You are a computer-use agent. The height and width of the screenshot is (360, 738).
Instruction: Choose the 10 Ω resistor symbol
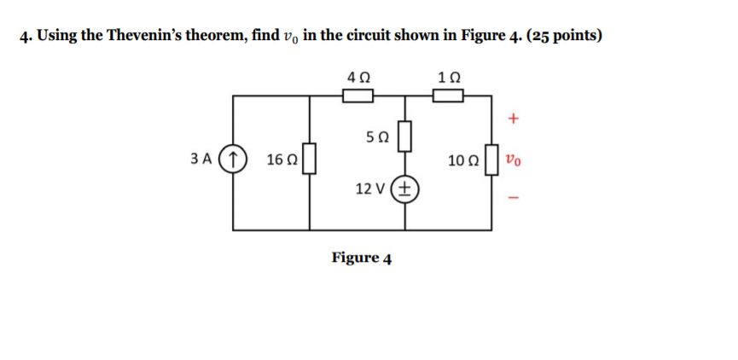(491, 159)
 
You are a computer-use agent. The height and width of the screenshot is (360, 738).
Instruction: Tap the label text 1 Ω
(448, 77)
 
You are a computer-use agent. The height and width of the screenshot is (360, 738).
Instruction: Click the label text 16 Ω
(281, 160)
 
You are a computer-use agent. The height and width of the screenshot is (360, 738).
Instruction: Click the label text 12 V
(372, 189)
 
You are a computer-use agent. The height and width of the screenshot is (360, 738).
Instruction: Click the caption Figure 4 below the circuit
(362, 258)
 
